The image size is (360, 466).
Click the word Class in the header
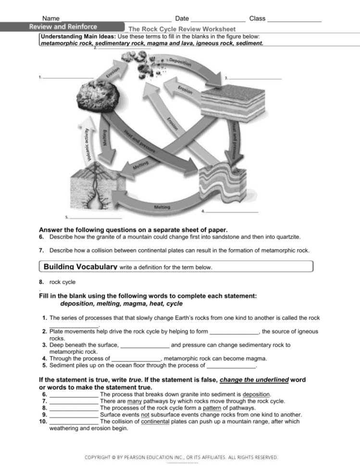click(257, 19)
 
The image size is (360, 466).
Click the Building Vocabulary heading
click(80, 266)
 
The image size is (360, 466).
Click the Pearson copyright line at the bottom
click(181, 457)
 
